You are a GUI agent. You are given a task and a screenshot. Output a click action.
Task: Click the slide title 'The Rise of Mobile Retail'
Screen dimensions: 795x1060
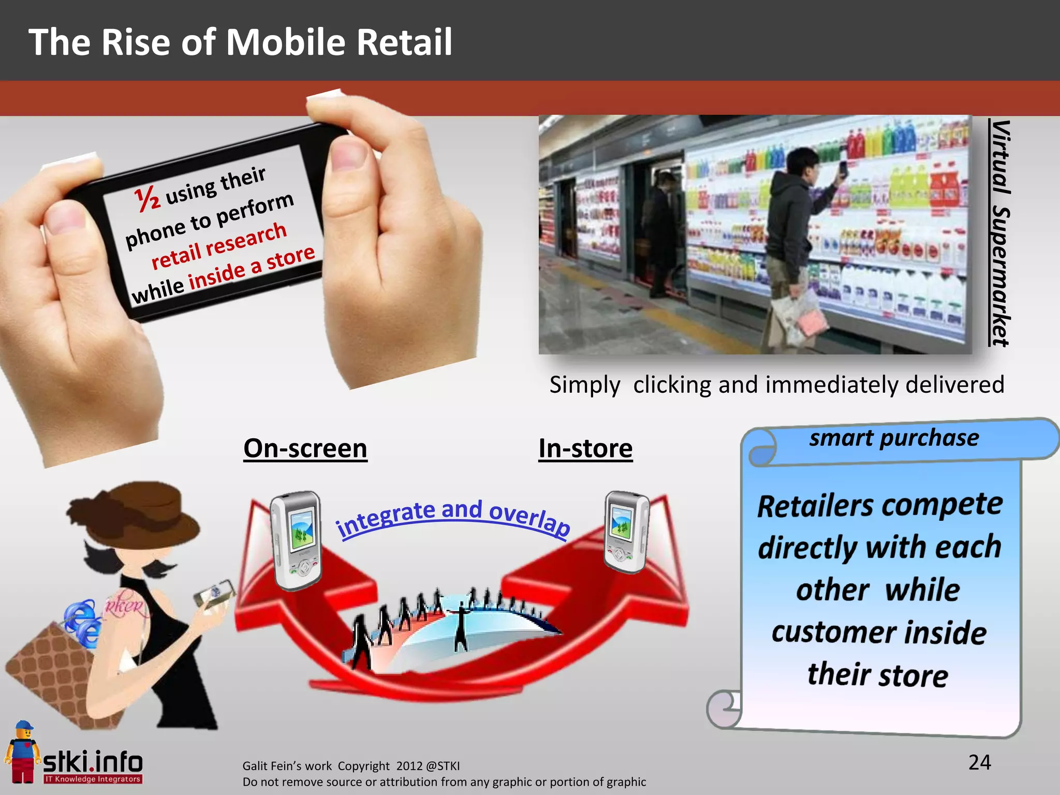point(240,42)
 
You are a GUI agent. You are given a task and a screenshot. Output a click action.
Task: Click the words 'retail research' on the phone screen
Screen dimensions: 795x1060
point(219,246)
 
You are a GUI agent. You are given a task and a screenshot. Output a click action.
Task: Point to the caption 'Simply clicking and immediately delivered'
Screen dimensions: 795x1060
point(776,385)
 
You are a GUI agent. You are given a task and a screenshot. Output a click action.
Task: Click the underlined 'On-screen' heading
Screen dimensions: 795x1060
point(305,448)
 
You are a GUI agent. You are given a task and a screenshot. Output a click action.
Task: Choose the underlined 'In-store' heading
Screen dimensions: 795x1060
point(585,448)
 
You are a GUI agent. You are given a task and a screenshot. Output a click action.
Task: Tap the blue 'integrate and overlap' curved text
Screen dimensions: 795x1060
point(453,517)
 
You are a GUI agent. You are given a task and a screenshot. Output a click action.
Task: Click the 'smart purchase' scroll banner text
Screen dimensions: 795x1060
point(894,438)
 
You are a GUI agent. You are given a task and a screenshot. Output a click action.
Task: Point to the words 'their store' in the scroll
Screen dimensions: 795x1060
point(878,675)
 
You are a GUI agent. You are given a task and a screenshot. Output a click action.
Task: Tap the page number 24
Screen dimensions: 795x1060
point(979,762)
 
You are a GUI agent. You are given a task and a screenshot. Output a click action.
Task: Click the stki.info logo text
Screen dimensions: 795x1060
point(93,762)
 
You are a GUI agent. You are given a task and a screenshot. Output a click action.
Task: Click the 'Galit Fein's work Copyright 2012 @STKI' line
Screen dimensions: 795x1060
point(351,766)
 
